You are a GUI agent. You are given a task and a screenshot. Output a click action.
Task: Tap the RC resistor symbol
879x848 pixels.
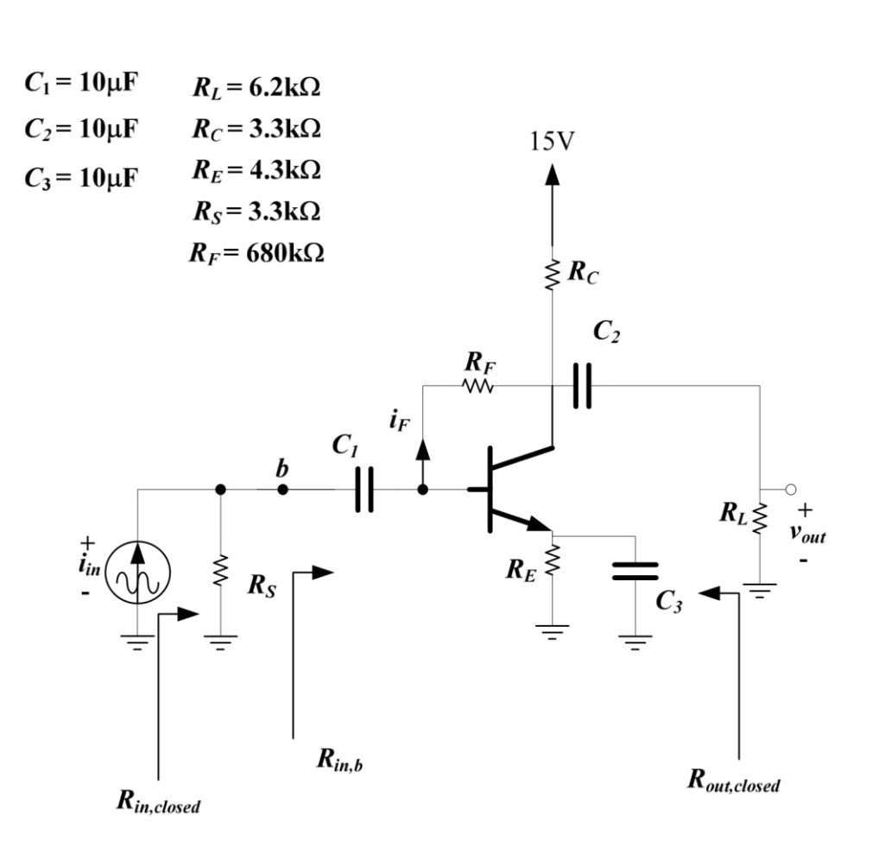[553, 275]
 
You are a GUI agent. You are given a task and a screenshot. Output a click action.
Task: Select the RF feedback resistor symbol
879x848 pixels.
[478, 385]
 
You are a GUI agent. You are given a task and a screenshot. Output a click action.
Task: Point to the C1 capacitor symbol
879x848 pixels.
[364, 490]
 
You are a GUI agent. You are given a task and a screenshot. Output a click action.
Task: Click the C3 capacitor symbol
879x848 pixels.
[635, 570]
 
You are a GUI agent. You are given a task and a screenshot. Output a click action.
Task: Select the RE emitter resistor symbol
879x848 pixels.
[553, 566]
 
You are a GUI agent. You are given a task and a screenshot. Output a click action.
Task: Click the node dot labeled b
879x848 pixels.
[282, 489]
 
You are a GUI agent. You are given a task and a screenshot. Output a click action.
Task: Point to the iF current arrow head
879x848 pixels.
[422, 448]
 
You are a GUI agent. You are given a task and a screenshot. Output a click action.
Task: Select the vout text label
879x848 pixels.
[807, 534]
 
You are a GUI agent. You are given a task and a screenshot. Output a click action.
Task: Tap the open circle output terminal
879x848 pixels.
[790, 490]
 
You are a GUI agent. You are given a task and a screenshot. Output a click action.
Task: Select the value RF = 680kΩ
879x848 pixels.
[256, 253]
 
